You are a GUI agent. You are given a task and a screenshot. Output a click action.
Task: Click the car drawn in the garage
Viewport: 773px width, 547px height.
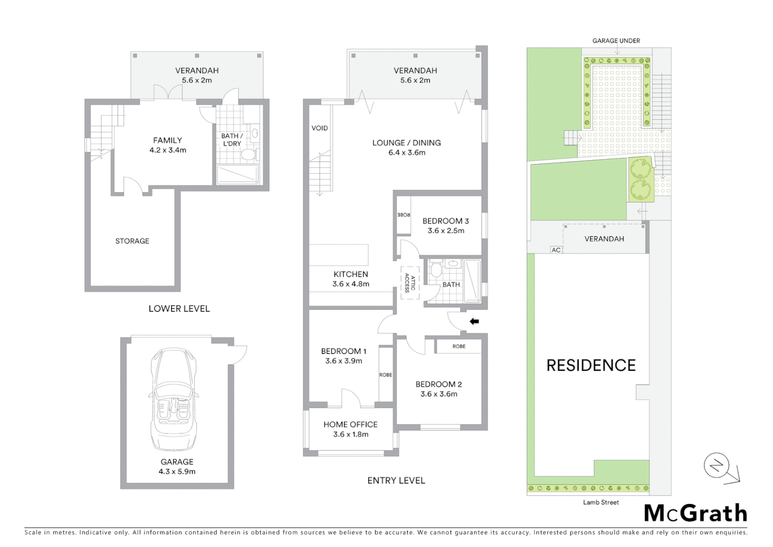click(x=173, y=400)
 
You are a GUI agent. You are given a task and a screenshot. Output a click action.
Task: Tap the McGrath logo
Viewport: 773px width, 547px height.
click(x=696, y=514)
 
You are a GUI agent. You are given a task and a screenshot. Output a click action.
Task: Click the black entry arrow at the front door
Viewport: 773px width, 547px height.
click(x=474, y=321)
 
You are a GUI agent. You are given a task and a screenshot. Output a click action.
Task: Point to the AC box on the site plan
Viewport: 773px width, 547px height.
click(x=556, y=250)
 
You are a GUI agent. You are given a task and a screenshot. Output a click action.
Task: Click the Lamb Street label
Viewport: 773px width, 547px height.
click(x=600, y=502)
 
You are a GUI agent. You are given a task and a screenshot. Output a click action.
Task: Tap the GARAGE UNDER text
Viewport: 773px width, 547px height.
click(x=616, y=41)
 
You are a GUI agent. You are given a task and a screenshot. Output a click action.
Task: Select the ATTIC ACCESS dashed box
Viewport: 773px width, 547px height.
click(x=410, y=283)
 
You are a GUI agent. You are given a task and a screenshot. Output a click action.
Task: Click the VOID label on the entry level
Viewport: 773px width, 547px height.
click(x=320, y=128)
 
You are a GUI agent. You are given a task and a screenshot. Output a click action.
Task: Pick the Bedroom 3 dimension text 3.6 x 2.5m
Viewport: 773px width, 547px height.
click(x=446, y=230)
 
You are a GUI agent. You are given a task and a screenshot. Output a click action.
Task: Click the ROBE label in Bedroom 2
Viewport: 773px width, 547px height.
click(x=459, y=346)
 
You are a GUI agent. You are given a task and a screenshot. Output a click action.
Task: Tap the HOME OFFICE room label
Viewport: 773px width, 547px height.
click(x=351, y=424)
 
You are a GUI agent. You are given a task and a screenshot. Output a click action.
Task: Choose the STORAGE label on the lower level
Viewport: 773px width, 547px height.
click(x=132, y=241)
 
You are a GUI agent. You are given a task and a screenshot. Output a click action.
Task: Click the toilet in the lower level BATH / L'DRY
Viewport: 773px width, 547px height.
click(x=248, y=154)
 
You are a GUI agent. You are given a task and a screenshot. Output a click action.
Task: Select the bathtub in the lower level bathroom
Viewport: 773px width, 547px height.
click(x=238, y=175)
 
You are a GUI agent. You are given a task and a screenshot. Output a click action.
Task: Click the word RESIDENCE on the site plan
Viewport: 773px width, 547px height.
click(x=591, y=365)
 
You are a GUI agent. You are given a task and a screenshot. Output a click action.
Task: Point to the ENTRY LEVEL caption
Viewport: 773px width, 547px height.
click(x=396, y=481)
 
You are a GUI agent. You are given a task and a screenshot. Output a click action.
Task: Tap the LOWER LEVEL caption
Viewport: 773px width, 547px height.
click(x=179, y=308)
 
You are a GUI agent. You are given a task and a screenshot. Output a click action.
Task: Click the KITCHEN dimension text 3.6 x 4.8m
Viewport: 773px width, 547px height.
click(x=351, y=284)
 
